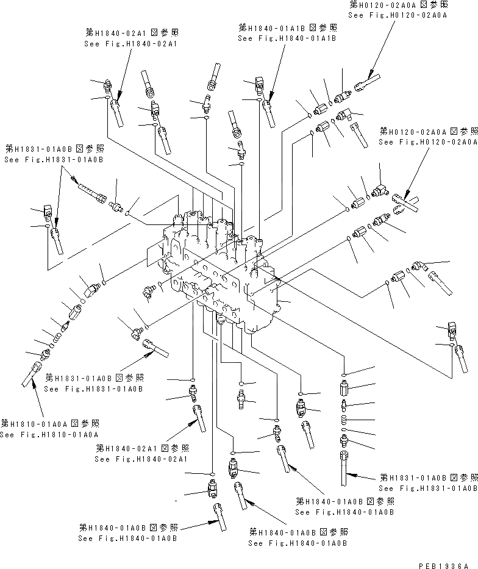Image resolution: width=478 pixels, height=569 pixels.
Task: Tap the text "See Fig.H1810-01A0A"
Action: (x=49, y=434)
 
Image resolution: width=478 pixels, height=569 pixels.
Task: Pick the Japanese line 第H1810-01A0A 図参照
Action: (x=49, y=423)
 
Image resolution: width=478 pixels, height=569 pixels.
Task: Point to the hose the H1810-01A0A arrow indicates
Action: (x=30, y=375)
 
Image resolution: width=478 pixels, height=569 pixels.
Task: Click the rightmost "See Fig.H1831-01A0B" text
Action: (x=428, y=488)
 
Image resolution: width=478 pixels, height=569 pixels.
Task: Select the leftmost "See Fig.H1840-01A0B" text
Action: (x=127, y=539)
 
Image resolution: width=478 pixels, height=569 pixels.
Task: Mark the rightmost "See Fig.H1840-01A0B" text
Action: (x=345, y=512)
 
